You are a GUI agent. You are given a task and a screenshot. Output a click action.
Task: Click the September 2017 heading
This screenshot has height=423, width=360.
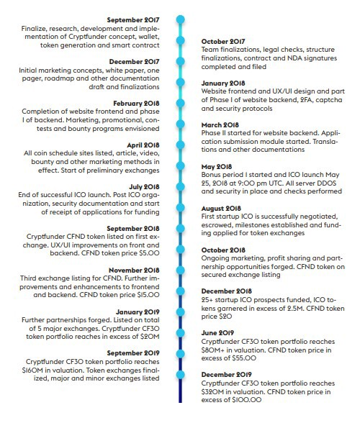[133, 20]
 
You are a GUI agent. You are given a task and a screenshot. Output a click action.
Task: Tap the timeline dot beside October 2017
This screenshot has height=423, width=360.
[181, 40]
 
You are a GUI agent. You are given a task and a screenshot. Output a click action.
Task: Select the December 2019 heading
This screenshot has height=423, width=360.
[226, 375]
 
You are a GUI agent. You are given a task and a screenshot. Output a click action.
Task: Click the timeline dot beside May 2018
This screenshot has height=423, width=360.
[181, 165]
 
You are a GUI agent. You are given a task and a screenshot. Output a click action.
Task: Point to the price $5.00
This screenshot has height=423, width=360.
[150, 253]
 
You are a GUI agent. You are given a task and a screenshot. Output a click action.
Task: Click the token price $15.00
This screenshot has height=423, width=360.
[148, 295]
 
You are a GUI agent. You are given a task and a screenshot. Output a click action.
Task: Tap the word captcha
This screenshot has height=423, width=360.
[329, 100]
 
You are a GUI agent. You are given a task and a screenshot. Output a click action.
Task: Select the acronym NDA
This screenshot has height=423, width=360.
[295, 58]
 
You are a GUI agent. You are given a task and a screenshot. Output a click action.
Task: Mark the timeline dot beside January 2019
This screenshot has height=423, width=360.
[181, 312]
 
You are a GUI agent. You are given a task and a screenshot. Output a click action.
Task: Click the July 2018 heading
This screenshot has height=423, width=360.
[144, 187]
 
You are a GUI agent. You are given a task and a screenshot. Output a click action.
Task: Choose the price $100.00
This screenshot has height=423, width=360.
[247, 400]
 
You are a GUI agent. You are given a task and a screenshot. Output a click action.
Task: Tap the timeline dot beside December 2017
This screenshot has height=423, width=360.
[181, 61]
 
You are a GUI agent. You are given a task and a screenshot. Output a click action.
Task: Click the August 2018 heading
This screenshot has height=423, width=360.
[221, 209]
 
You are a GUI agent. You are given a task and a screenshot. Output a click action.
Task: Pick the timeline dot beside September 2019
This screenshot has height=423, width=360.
[181, 354]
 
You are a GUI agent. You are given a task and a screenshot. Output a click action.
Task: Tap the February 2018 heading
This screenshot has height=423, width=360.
[136, 104]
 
